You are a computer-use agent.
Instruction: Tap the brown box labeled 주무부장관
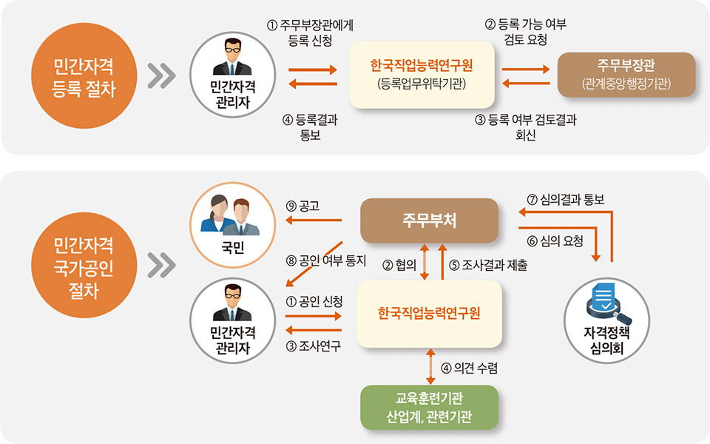point(626,75)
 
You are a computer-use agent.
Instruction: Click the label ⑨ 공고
point(302,207)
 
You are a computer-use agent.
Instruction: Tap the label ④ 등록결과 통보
point(310,127)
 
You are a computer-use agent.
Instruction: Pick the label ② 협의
point(399,263)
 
